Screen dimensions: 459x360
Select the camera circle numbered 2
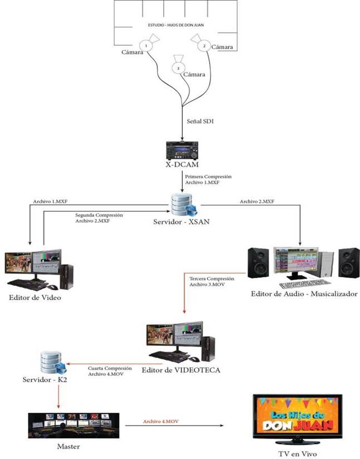[204, 46]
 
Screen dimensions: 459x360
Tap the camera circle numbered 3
[178, 68]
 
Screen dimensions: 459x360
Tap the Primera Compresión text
[209, 177]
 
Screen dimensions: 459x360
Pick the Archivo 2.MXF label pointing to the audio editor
[256, 201]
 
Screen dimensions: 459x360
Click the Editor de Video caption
[35, 297]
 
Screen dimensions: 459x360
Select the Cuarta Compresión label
[109, 368]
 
